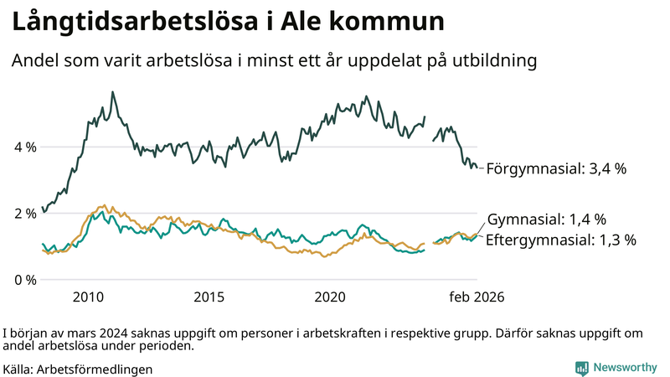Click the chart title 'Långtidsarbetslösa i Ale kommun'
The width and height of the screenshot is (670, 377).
(227, 23)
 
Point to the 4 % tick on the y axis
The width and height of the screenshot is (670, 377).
(24, 147)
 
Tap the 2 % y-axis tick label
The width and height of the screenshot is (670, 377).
(24, 214)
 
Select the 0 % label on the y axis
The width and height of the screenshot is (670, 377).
(24, 280)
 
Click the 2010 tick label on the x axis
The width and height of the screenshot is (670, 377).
(88, 297)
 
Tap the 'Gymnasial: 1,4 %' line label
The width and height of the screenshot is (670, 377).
(546, 219)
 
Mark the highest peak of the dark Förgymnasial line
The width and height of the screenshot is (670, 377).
(113, 92)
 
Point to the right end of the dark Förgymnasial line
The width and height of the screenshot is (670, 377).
(477, 168)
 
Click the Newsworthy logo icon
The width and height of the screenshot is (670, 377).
(581, 368)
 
